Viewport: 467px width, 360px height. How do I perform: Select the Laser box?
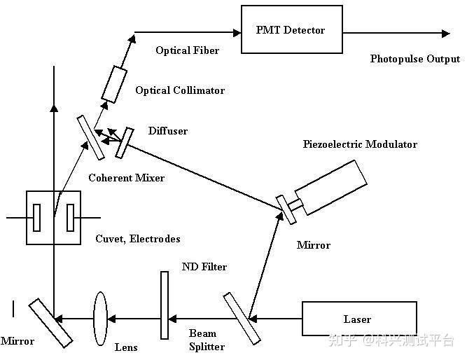coord(358,319)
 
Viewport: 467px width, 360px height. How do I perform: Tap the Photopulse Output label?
coord(415,59)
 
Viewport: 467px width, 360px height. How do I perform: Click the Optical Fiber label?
coord(187,50)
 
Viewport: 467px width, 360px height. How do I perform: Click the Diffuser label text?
coord(168,131)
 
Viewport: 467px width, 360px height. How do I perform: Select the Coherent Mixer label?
coord(126,178)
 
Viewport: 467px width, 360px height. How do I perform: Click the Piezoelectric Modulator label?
coord(360,144)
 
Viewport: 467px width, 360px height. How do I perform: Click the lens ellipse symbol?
coord(100,318)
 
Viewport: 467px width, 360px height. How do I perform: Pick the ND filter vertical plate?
coord(165,305)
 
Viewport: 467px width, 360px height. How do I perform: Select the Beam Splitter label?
coord(207,340)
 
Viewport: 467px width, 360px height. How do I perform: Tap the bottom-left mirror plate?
coord(50,323)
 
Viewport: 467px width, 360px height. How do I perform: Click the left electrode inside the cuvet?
coord(36,217)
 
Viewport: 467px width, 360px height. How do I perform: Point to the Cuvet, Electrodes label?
coord(138,239)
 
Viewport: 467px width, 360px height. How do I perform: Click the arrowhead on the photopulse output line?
coord(445,32)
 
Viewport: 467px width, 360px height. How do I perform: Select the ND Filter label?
coord(204,267)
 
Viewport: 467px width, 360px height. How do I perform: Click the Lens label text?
coord(126,347)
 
